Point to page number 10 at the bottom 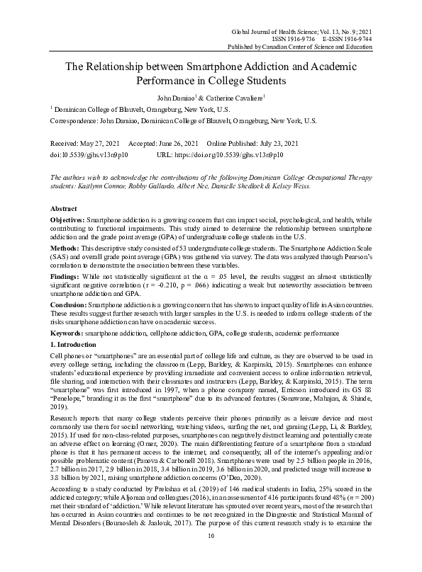click(211, 556)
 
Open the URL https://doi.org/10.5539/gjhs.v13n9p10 click(228, 154)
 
